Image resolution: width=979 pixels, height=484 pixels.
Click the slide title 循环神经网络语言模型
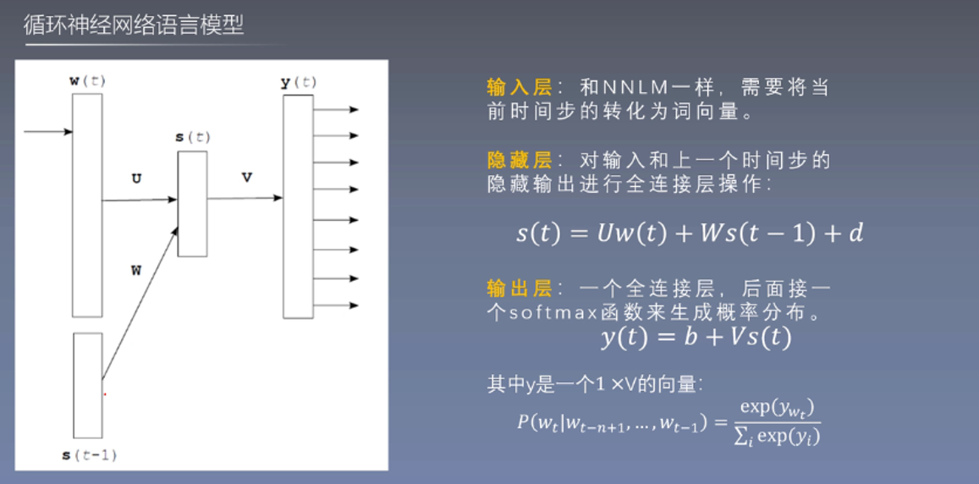(x=134, y=25)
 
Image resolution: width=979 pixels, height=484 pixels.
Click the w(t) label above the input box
(x=87, y=81)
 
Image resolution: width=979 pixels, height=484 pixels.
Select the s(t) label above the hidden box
(x=192, y=137)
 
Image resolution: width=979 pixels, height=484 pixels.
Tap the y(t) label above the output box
(x=298, y=82)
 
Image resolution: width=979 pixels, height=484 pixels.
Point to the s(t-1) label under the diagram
(x=89, y=455)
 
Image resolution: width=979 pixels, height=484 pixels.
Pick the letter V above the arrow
(x=246, y=178)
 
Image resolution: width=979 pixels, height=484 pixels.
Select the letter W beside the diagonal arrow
(x=135, y=271)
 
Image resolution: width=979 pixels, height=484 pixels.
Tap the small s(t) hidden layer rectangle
(x=192, y=203)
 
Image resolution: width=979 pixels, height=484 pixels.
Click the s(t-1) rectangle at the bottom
(x=87, y=384)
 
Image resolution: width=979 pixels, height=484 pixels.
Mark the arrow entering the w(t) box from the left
(x=48, y=132)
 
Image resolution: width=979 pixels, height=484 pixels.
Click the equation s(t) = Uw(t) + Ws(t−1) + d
(x=689, y=234)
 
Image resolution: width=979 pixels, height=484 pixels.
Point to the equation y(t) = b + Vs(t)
(x=696, y=338)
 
